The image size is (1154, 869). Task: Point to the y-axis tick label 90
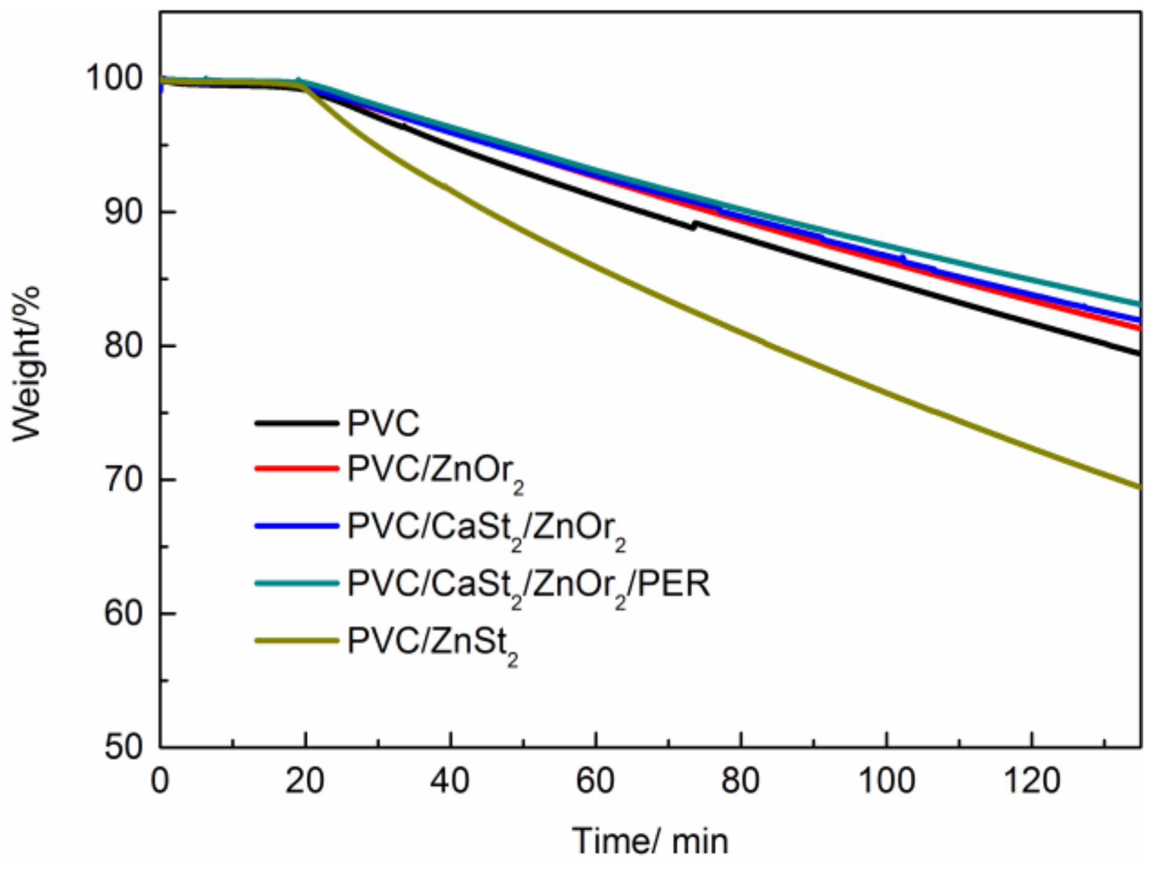(x=124, y=212)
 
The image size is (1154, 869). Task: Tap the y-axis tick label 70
(x=124, y=480)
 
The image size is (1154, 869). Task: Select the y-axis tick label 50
(x=124, y=747)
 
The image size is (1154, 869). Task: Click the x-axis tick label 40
(x=450, y=781)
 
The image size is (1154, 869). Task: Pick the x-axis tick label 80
(x=741, y=781)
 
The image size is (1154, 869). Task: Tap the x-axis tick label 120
(x=1031, y=781)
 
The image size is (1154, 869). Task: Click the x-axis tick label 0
(x=160, y=781)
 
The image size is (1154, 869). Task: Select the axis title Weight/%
(x=27, y=364)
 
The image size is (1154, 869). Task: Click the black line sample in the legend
(x=296, y=423)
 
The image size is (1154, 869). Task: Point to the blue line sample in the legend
(x=296, y=526)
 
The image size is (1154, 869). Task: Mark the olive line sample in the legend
(x=296, y=640)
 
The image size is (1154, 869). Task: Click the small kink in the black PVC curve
(x=694, y=226)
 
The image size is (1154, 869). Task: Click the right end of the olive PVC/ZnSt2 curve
(x=1138, y=486)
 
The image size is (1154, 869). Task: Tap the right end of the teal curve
(x=1138, y=304)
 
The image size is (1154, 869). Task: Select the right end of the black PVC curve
(x=1138, y=353)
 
